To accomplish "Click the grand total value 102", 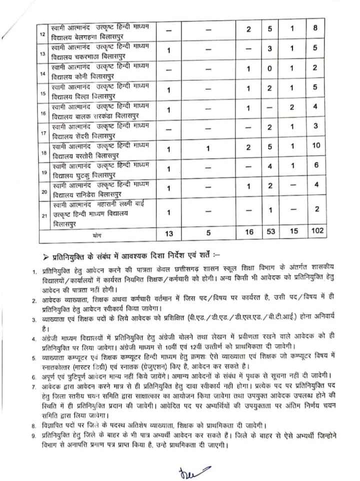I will pos(316,231).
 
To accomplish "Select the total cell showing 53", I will pos(269,231).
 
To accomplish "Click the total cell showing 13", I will pos(169,231).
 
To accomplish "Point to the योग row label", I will pos(97,232).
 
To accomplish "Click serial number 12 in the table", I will pos(42,33).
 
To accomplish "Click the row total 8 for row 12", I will pos(316,28).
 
